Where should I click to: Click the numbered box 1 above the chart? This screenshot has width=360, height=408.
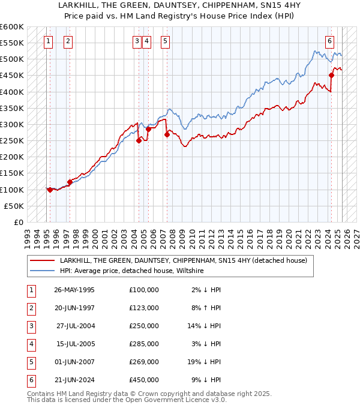[x=48, y=41]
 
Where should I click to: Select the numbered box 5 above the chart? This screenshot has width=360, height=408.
[x=165, y=41]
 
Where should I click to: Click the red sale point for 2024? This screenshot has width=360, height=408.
[x=331, y=75]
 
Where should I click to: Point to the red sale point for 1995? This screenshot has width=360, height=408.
[x=50, y=190]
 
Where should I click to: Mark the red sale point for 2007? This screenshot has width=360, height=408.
[x=167, y=134]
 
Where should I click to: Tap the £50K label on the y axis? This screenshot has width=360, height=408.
[x=14, y=206]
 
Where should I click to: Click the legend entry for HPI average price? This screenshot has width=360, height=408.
[x=132, y=271]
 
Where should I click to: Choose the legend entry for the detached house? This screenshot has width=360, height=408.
[x=183, y=260]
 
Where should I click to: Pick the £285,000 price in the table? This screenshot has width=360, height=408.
[x=144, y=343]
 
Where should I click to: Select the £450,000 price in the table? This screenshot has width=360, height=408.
[x=144, y=379]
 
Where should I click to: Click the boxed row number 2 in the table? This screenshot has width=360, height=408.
[x=29, y=307]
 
